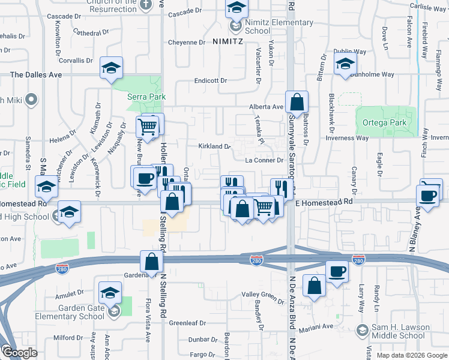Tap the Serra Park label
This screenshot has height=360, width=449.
click(x=145, y=97)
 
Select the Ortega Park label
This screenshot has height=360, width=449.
click(x=385, y=123)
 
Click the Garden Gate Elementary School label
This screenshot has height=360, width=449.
click(x=73, y=313)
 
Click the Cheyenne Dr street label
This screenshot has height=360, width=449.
click(x=186, y=43)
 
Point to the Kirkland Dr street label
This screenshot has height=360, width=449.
click(x=214, y=146)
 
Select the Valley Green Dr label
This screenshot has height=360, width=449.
click(x=263, y=295)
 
